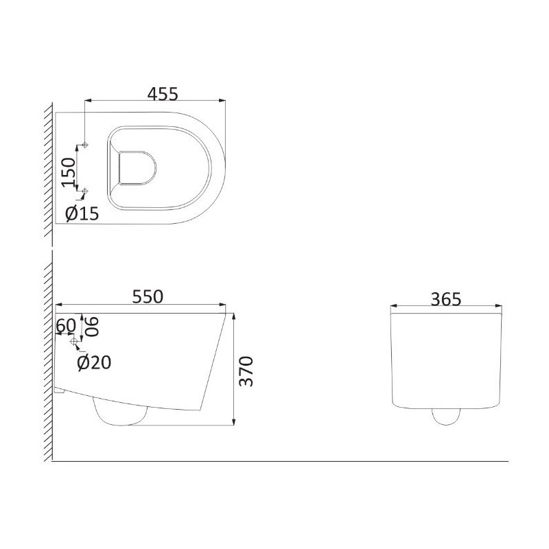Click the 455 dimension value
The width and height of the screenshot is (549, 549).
click(163, 93)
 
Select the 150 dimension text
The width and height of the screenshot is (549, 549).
click(68, 173)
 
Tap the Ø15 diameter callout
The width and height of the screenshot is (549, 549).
click(82, 213)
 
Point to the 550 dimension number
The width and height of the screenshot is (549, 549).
click(148, 296)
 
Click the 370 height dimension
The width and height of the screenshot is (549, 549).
click(246, 371)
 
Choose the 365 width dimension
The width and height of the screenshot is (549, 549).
click(446, 299)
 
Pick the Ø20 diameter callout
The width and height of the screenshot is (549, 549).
click(94, 362)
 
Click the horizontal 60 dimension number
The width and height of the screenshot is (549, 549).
click(66, 325)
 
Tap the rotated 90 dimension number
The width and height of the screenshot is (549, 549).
click(92, 327)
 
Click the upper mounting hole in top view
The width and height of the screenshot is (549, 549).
click(85, 145)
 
